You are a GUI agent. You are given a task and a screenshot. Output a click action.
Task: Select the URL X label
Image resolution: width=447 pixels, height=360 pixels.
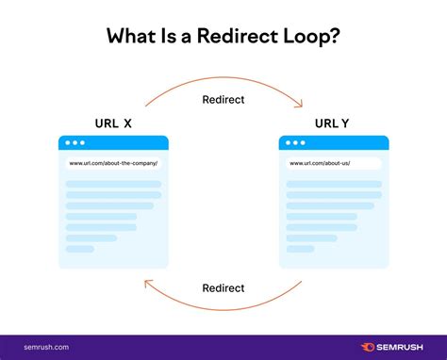coord(113,123)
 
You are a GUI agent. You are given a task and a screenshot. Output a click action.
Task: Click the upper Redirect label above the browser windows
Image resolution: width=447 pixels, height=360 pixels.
coord(223,98)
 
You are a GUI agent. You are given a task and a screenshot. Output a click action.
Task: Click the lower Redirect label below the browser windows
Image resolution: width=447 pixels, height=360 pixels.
coord(223,287)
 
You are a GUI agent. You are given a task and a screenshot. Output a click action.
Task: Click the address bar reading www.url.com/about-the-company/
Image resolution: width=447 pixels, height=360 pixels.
coord(113,163)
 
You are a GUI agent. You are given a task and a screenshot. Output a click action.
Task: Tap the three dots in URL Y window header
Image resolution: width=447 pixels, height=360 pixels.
coord(296,143)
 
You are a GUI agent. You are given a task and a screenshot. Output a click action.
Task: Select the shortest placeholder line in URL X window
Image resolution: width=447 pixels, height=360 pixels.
coord(80,249)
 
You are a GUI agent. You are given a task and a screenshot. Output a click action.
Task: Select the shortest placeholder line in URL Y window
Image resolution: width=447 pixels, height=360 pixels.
coord(301,249)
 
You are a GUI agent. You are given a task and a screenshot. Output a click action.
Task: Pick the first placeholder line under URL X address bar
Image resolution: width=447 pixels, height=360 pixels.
coord(113,184)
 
